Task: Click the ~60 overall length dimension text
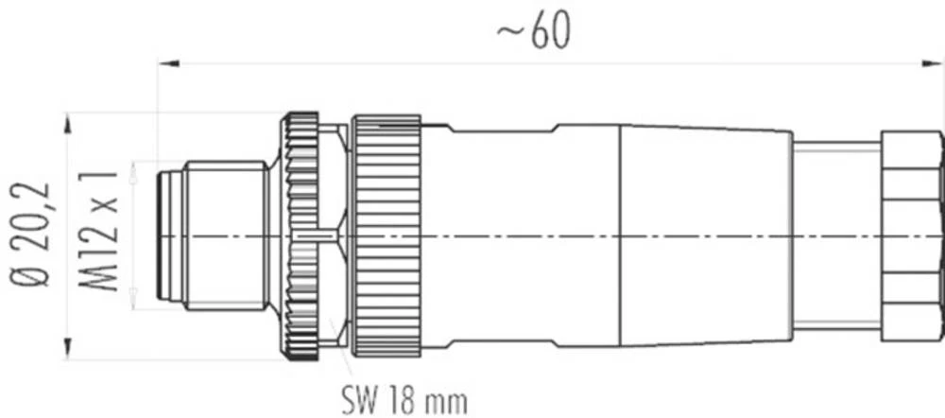coord(534,32)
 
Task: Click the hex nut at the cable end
coord(912,236)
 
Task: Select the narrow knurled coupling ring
coord(301,236)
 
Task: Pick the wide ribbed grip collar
coord(386,236)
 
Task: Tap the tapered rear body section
coord(704,236)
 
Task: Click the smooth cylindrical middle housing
coord(520,236)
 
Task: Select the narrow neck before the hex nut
coord(836,236)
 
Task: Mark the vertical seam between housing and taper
coord(619,236)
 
